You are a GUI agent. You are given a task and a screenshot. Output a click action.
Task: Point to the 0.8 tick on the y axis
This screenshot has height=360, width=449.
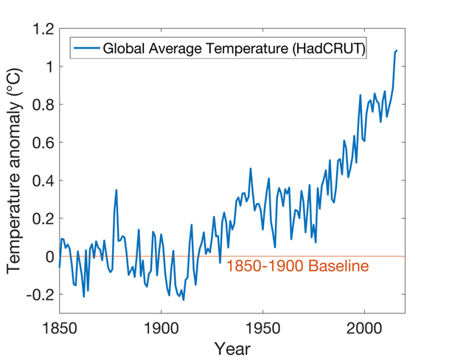(x=43, y=105)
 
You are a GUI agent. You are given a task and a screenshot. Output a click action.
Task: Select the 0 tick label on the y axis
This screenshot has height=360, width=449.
(x=48, y=257)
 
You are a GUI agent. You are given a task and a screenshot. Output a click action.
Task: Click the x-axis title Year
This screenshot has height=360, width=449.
(x=232, y=347)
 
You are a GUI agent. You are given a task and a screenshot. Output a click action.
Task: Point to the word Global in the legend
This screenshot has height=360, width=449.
(x=125, y=49)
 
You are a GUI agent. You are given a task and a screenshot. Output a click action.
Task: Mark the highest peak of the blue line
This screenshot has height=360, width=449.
(x=397, y=51)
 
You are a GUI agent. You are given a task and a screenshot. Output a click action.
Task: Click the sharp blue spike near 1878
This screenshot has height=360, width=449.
(x=116, y=190)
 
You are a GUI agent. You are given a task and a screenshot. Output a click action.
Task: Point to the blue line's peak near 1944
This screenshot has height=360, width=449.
(x=251, y=169)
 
